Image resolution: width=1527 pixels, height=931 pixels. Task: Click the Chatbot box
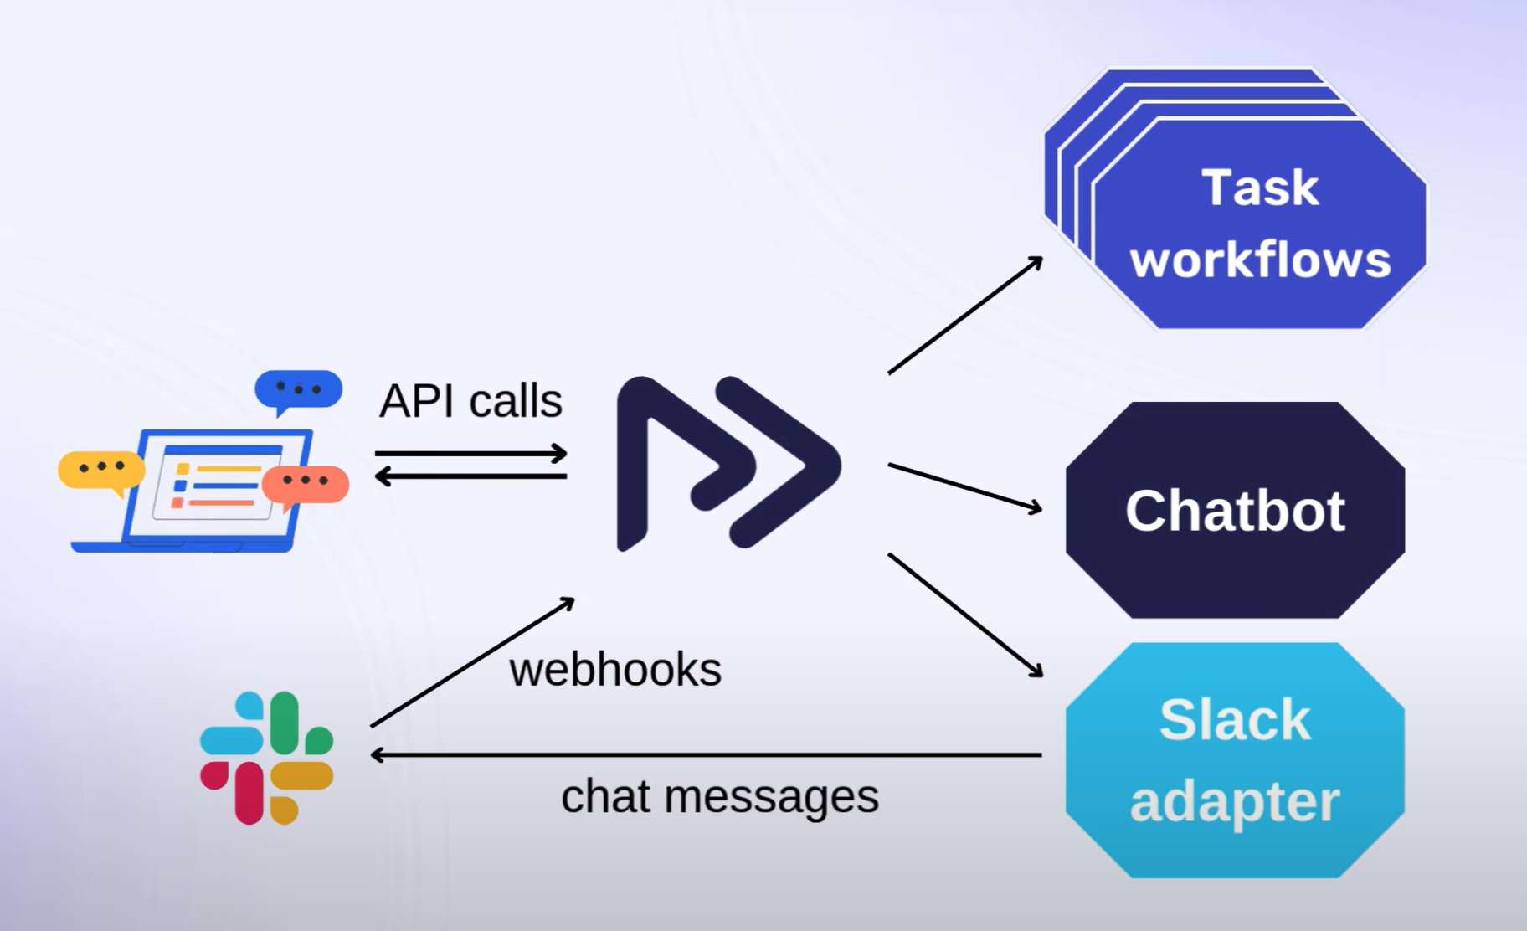[x=1234, y=510]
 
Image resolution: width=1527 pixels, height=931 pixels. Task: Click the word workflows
[x=1260, y=260]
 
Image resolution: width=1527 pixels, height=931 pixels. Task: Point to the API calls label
[x=470, y=401]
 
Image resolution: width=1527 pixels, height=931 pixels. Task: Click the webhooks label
[x=615, y=670]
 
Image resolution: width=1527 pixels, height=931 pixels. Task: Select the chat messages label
[x=720, y=796]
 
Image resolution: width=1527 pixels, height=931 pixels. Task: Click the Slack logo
[x=266, y=757]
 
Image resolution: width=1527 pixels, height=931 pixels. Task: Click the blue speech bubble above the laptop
[x=298, y=390]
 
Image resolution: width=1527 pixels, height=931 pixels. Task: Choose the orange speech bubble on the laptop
[x=306, y=483]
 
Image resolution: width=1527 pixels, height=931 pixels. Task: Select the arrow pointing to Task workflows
[x=965, y=316]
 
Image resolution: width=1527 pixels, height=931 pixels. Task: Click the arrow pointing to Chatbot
[x=964, y=486]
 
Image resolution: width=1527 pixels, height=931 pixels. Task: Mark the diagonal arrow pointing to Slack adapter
[x=965, y=615]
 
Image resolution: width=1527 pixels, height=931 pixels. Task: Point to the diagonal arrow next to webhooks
[x=472, y=662]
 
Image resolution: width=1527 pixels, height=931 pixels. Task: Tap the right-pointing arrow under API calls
[x=470, y=454]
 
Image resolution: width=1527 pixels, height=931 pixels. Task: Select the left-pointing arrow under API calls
[x=470, y=476]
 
